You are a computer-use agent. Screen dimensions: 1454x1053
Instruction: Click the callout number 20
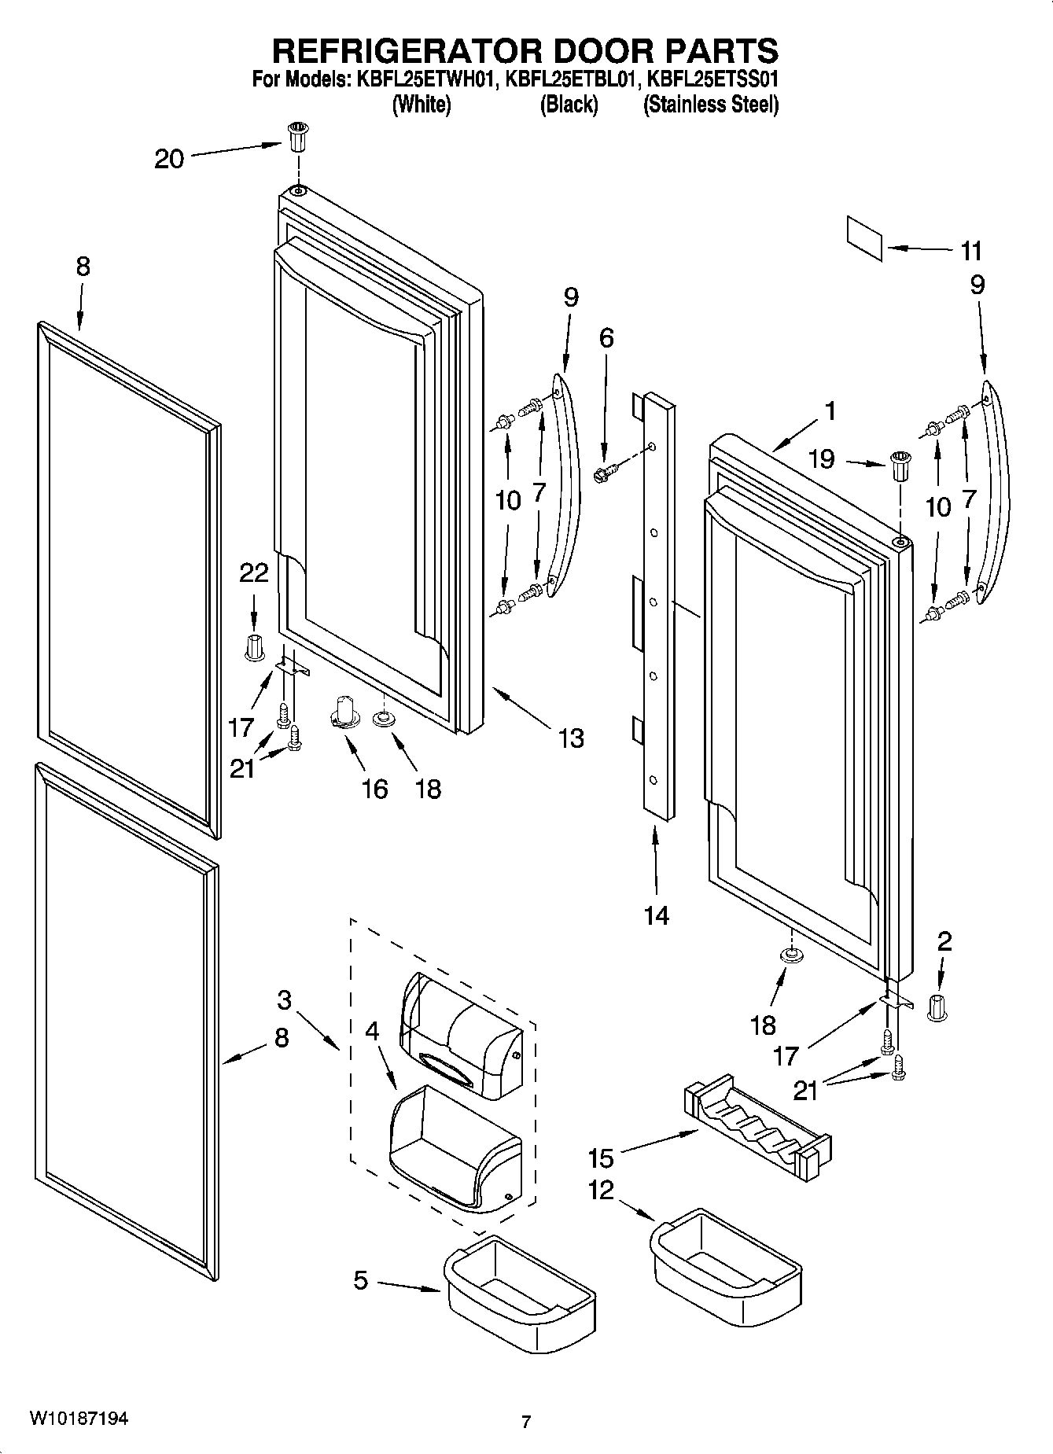(x=168, y=160)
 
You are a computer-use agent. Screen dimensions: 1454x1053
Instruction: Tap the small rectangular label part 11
(x=865, y=238)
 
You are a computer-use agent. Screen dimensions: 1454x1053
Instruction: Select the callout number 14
(x=656, y=915)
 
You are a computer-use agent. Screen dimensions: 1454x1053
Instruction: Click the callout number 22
(x=254, y=572)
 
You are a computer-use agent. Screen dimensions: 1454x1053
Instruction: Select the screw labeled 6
(x=604, y=473)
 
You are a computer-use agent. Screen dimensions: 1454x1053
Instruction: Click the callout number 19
(x=821, y=458)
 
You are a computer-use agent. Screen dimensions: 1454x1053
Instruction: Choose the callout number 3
(x=284, y=1000)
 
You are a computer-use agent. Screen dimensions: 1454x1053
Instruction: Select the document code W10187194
(x=79, y=1419)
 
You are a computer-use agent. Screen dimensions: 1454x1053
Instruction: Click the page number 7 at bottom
(x=526, y=1421)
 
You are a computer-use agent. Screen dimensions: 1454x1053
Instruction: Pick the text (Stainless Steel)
(x=710, y=105)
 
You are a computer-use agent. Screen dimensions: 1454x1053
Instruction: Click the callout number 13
(x=571, y=738)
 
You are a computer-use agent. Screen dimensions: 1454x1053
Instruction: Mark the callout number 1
(x=830, y=410)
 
